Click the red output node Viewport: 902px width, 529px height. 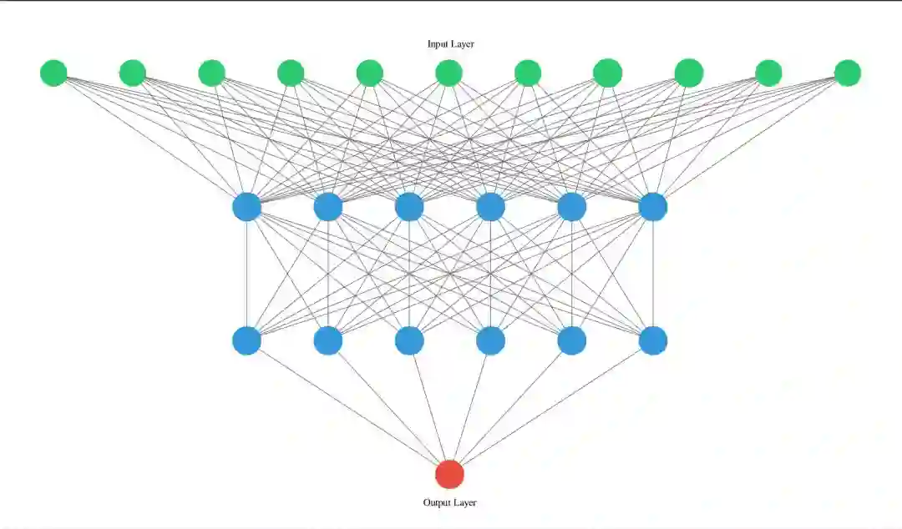pyautogui.click(x=449, y=474)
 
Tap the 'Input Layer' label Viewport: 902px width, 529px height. pyautogui.click(x=451, y=44)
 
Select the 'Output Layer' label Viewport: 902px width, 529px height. pyautogui.click(x=449, y=502)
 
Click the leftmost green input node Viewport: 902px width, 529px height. pyautogui.click(x=53, y=73)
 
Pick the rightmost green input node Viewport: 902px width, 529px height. pyautogui.click(x=847, y=73)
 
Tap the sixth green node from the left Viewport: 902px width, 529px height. pyautogui.click(x=448, y=73)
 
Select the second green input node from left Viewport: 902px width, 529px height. pyautogui.click(x=133, y=73)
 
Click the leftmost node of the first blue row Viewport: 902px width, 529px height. pyautogui.click(x=246, y=206)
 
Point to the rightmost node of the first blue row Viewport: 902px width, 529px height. pyautogui.click(x=652, y=206)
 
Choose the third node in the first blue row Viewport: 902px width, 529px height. pyautogui.click(x=409, y=206)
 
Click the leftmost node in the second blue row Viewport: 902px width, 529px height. pyautogui.click(x=246, y=340)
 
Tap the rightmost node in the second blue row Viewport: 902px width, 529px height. pyautogui.click(x=652, y=340)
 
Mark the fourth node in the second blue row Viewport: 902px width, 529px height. pyautogui.click(x=490, y=340)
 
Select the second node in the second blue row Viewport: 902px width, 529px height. pyautogui.click(x=328, y=340)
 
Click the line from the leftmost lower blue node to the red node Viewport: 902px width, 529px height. pyautogui.click(x=347, y=407)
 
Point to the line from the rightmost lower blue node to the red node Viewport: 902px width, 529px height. pyautogui.click(x=551, y=407)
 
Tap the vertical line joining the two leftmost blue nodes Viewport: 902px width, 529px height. pyautogui.click(x=246, y=274)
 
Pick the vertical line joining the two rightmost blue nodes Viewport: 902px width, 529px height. pyautogui.click(x=652, y=274)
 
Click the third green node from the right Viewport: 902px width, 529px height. pyautogui.click(x=688, y=73)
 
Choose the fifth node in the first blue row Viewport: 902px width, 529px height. pyautogui.click(x=571, y=206)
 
